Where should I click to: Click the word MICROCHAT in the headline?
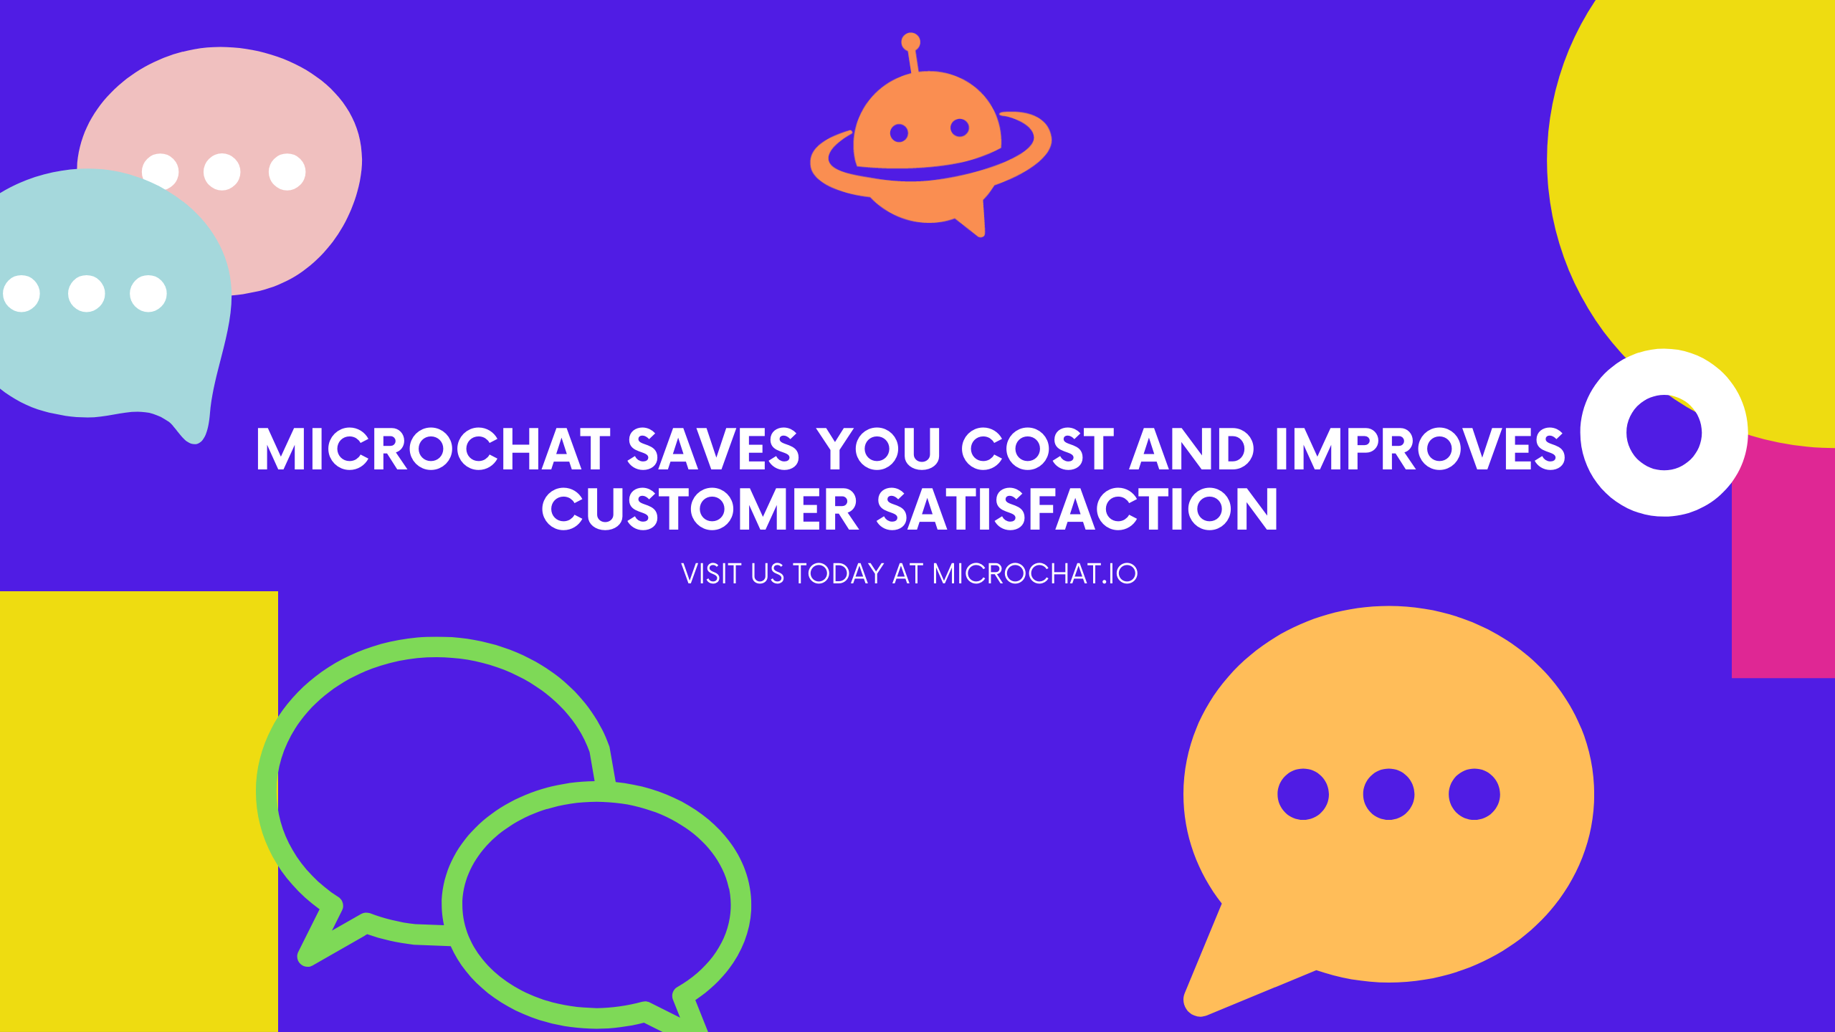(433, 449)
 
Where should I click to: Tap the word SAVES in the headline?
(712, 449)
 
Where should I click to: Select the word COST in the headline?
(1037, 449)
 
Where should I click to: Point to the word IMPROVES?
(1420, 449)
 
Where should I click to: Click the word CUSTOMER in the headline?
(700, 510)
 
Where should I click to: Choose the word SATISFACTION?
(1077, 510)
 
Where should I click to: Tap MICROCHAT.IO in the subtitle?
(1035, 574)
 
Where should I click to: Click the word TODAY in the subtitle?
(838, 574)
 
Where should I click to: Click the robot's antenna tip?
(910, 42)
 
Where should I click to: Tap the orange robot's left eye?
(899, 133)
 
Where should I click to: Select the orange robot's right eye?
(960, 128)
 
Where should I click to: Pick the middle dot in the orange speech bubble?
(1388, 794)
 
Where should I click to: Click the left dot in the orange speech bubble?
(1303, 794)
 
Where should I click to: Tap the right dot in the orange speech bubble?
(1474, 794)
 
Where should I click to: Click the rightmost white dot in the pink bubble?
(287, 172)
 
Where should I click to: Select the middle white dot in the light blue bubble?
(86, 294)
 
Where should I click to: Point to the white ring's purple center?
(1664, 433)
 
